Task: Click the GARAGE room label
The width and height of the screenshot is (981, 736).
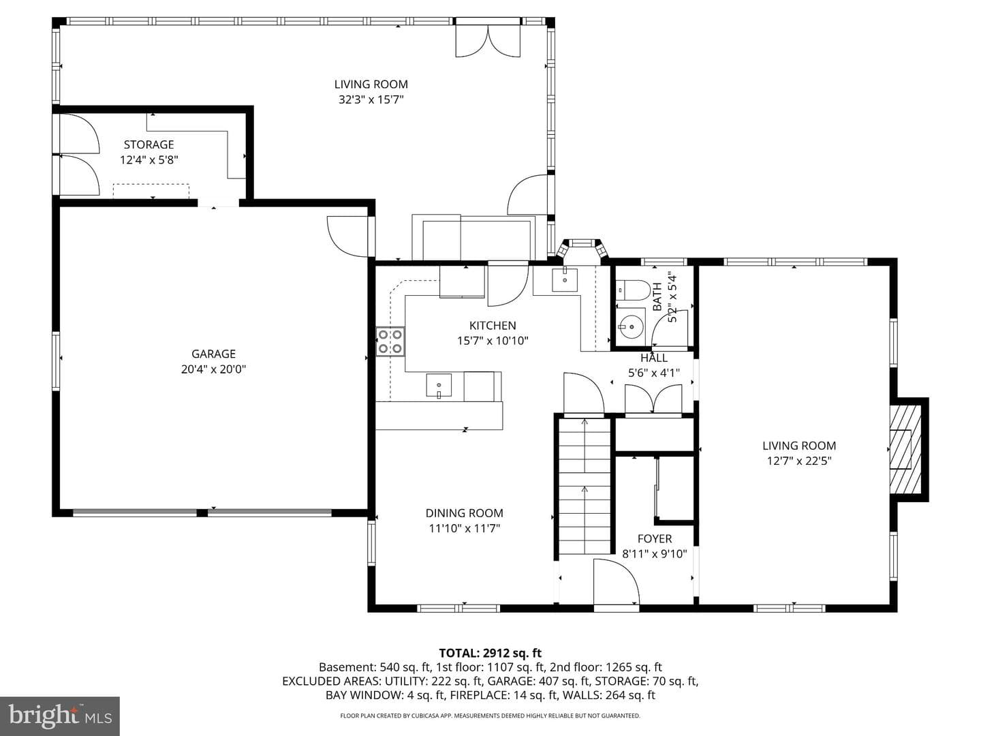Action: [213, 354]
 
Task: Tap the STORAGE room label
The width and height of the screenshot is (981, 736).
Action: [149, 144]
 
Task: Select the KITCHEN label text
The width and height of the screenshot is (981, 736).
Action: [493, 325]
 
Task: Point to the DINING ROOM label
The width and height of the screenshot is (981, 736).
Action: [465, 513]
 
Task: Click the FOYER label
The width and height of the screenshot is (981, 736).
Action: [655, 539]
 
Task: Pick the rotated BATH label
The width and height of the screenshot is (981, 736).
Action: [657, 296]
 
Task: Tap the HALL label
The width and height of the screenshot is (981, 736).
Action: [654, 358]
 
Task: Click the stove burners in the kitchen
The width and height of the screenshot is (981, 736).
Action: [390, 341]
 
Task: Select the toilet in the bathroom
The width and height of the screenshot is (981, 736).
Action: [632, 290]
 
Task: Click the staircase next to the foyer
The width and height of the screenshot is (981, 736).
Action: [584, 486]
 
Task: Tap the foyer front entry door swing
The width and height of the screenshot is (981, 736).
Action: [617, 581]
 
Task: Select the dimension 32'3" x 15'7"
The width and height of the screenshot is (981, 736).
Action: [371, 99]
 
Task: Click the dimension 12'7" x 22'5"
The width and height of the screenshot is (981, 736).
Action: [799, 461]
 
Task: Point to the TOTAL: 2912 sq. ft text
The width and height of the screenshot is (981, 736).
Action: [490, 653]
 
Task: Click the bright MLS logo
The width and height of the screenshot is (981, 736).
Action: [59, 716]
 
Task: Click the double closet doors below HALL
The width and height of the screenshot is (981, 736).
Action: [653, 399]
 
